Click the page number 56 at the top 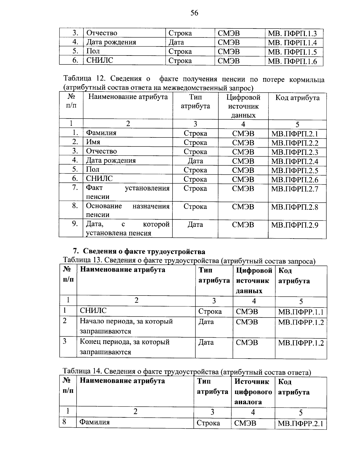click(x=194, y=13)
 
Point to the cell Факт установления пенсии click(x=127, y=192)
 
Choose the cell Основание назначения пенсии click(x=127, y=210)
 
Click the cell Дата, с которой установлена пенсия click(x=127, y=229)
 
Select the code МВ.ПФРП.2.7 click(x=295, y=189)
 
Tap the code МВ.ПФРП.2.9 click(x=295, y=225)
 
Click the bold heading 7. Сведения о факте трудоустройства click(x=139, y=251)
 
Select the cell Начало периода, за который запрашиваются click(x=126, y=326)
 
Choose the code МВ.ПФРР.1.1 click(x=301, y=312)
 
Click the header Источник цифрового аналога click(x=253, y=392)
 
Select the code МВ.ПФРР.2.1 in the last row click(x=301, y=424)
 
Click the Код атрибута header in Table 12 click(x=297, y=98)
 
